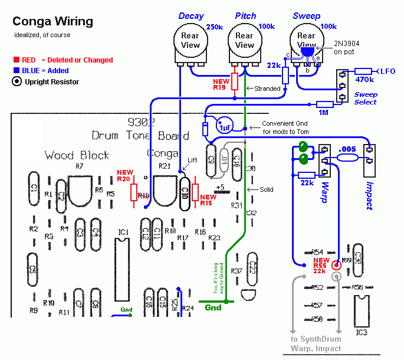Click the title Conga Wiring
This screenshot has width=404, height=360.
52,22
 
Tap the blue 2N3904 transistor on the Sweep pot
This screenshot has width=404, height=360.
307,51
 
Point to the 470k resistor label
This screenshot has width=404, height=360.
364,78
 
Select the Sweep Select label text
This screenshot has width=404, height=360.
366,98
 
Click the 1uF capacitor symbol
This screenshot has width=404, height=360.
225,125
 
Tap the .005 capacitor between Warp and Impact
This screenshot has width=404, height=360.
348,156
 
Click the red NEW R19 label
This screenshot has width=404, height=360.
221,85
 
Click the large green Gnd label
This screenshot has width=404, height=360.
213,307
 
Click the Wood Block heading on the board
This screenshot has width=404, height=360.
77,155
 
